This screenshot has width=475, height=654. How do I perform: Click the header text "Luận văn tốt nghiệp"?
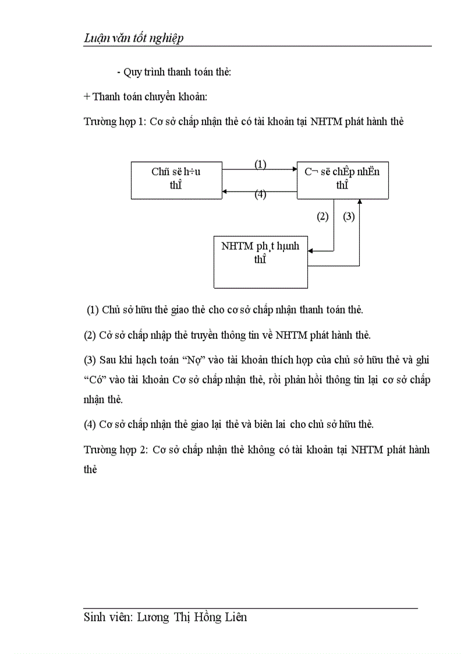pyautogui.click(x=133, y=38)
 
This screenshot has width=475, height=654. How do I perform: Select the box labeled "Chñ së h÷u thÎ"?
pyautogui.click(x=176, y=180)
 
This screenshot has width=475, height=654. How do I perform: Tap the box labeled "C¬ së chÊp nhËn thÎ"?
pyautogui.click(x=342, y=180)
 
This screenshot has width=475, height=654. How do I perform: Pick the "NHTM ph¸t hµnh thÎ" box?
pyautogui.click(x=260, y=261)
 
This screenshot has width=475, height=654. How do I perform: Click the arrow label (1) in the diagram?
pyautogui.click(x=260, y=164)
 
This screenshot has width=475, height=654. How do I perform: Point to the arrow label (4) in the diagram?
pyautogui.click(x=260, y=195)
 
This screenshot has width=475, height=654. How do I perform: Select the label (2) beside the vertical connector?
pyautogui.click(x=322, y=217)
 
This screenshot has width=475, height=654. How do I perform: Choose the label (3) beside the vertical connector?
pyautogui.click(x=349, y=217)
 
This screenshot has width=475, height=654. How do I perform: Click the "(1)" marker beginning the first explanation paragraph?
pyautogui.click(x=93, y=310)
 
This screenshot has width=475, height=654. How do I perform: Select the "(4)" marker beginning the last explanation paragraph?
pyautogui.click(x=90, y=424)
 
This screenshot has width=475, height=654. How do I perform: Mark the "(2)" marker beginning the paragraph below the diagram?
pyautogui.click(x=90, y=335)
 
